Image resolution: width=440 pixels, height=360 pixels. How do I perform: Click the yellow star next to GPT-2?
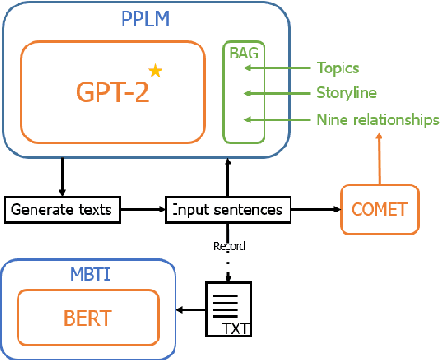(155, 70)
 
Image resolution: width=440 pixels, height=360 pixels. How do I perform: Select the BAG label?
(244, 53)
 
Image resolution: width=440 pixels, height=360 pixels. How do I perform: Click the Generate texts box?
(62, 210)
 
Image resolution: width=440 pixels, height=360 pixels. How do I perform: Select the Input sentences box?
(226, 210)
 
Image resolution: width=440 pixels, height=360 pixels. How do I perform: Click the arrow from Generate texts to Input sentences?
(143, 210)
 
